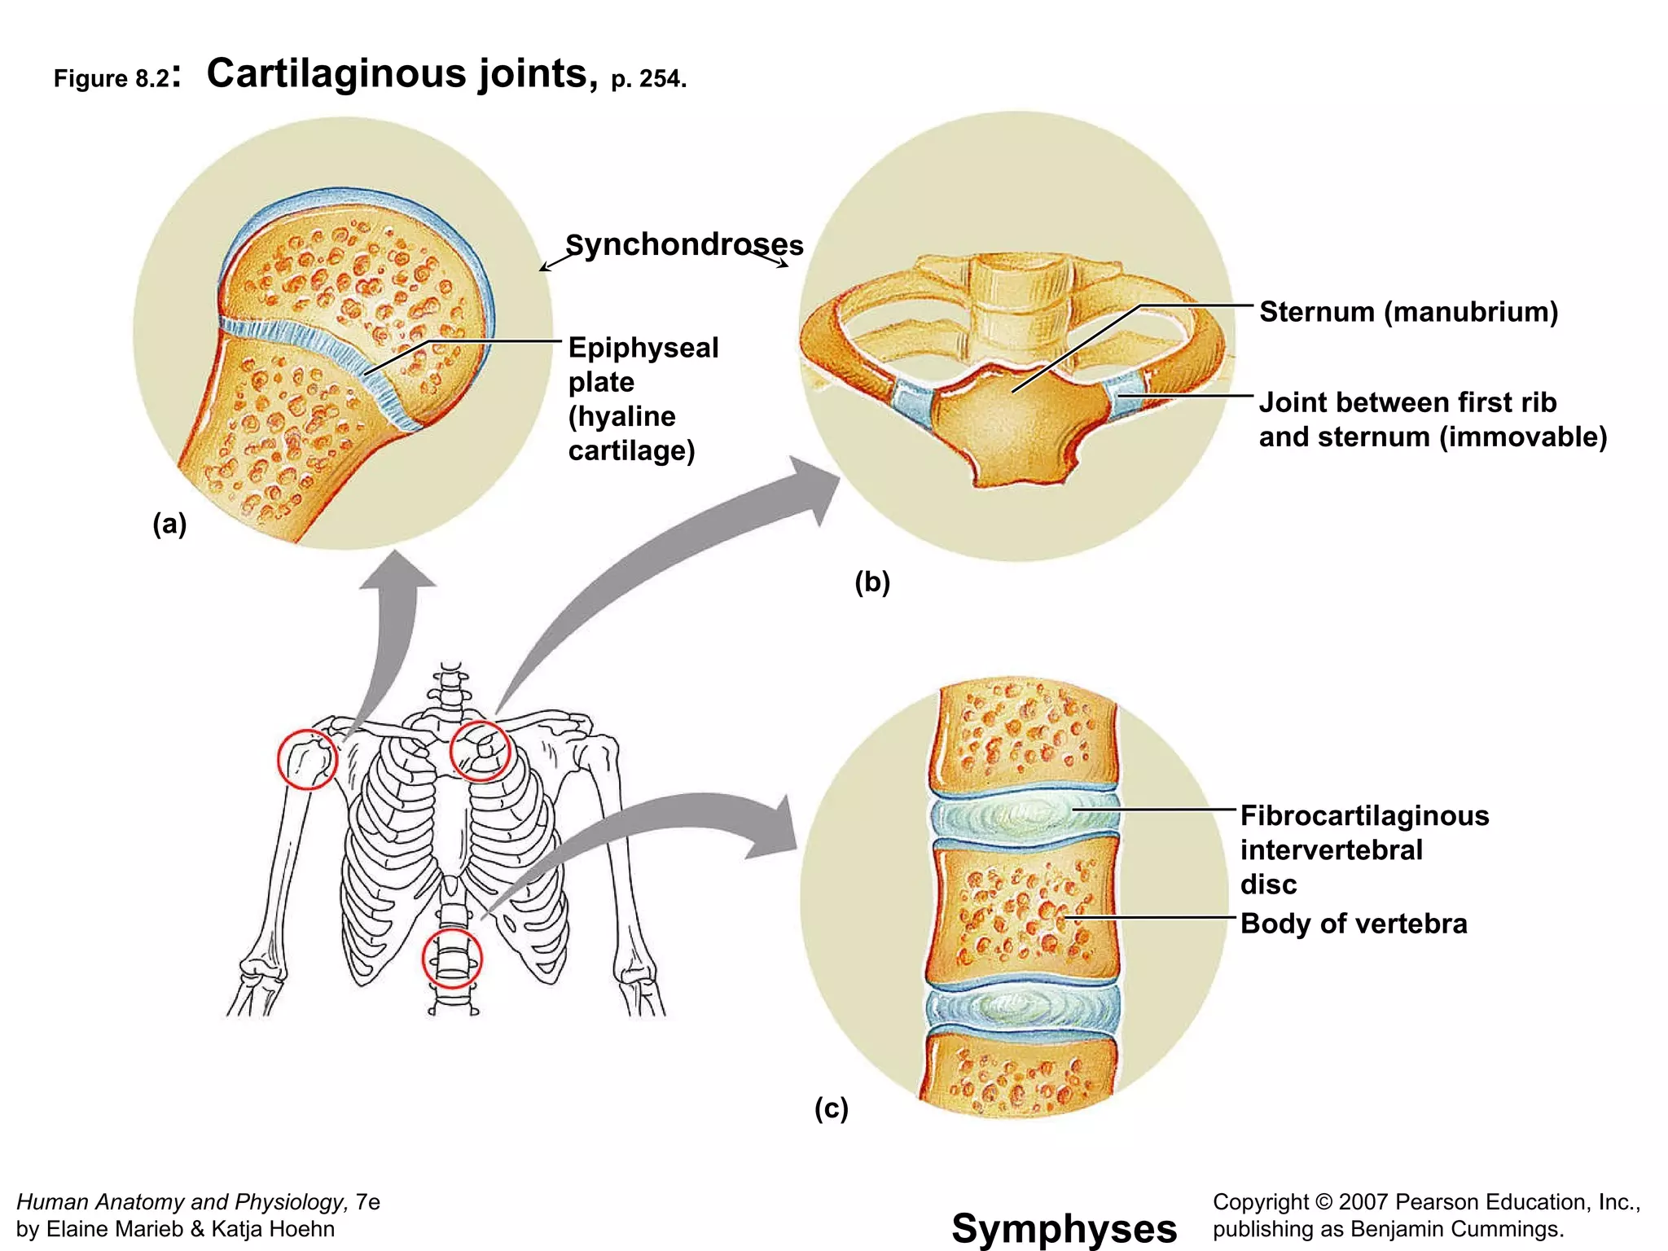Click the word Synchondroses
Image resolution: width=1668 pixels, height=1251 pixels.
click(x=684, y=244)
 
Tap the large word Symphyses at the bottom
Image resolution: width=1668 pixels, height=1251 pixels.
click(x=1064, y=1228)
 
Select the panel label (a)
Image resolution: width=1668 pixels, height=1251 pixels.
click(x=169, y=524)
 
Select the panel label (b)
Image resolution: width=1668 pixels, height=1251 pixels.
click(x=872, y=582)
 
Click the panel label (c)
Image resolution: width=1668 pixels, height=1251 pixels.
click(x=832, y=1108)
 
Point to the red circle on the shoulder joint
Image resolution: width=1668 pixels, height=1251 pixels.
click(x=307, y=759)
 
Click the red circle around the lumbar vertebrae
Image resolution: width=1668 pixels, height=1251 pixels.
click(x=452, y=959)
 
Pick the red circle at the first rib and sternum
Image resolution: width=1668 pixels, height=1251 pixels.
click(x=481, y=751)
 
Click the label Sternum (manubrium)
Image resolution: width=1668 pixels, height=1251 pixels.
click(x=1408, y=312)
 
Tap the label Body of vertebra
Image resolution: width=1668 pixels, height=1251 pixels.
click(x=1353, y=924)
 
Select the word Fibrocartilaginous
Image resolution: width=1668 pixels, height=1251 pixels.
click(x=1364, y=815)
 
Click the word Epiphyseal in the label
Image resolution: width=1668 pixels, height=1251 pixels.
click(x=643, y=348)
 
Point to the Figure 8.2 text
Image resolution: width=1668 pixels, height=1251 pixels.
click(x=112, y=78)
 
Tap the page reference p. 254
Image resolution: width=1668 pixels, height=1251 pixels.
click(x=648, y=79)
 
